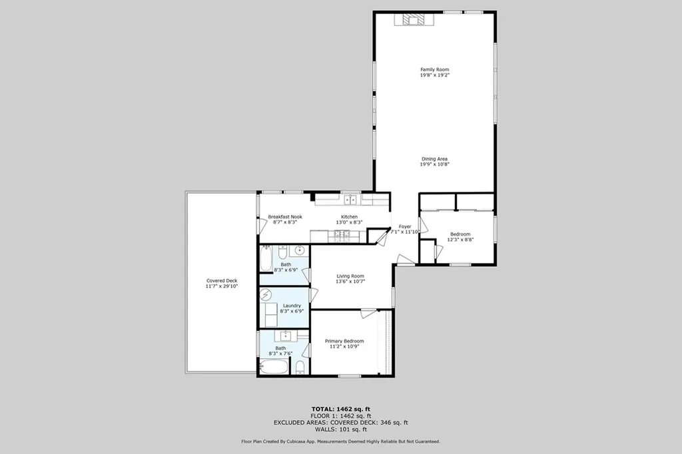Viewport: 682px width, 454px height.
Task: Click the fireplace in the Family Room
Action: tap(414, 20)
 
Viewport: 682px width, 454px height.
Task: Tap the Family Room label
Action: tap(434, 70)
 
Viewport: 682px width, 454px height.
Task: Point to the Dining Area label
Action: tap(434, 159)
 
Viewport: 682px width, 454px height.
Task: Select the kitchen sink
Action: tap(350, 199)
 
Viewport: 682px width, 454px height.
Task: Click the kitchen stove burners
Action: tap(342, 234)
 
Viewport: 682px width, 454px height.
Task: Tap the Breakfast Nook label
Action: tap(285, 217)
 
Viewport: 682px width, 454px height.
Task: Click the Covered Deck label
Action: tap(222, 281)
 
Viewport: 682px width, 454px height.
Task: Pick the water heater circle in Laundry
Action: tap(266, 295)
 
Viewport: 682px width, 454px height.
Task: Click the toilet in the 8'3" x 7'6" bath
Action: tap(300, 368)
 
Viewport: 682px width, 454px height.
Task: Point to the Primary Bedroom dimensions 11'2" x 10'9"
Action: tap(344, 346)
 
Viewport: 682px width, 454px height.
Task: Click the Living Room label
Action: tap(350, 276)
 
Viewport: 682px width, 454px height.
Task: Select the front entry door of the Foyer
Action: tap(404, 260)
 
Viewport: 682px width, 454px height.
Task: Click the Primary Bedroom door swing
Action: tap(368, 312)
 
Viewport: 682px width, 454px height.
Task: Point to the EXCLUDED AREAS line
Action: tap(340, 422)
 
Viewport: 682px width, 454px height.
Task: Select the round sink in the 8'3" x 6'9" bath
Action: tap(300, 250)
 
